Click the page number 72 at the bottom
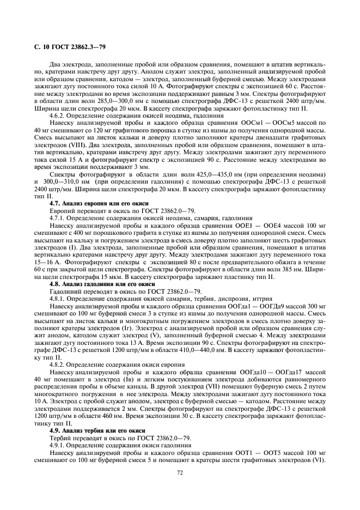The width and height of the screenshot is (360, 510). (180, 473)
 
